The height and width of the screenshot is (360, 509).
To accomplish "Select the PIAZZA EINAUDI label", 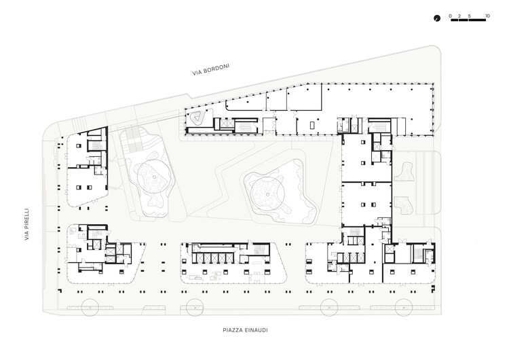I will (x=247, y=331).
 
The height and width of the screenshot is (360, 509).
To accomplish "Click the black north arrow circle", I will (x=438, y=18).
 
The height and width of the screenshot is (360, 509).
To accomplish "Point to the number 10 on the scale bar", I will (x=487, y=15).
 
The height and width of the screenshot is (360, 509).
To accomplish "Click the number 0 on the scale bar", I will (x=451, y=15).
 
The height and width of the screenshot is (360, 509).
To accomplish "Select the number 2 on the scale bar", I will (x=459, y=15).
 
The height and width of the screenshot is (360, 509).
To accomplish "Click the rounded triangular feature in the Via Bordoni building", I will (x=198, y=118).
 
